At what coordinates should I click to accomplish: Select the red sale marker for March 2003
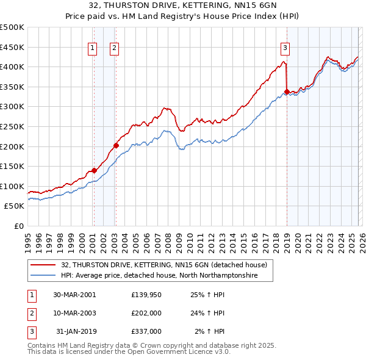point(115,146)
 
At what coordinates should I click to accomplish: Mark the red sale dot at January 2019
point(287,92)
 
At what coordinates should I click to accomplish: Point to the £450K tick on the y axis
point(12,47)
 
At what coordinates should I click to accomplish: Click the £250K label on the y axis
point(12,126)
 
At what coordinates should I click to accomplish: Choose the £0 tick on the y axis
point(19,226)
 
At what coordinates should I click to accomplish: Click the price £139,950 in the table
point(146,295)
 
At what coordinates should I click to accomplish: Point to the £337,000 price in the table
point(146,331)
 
